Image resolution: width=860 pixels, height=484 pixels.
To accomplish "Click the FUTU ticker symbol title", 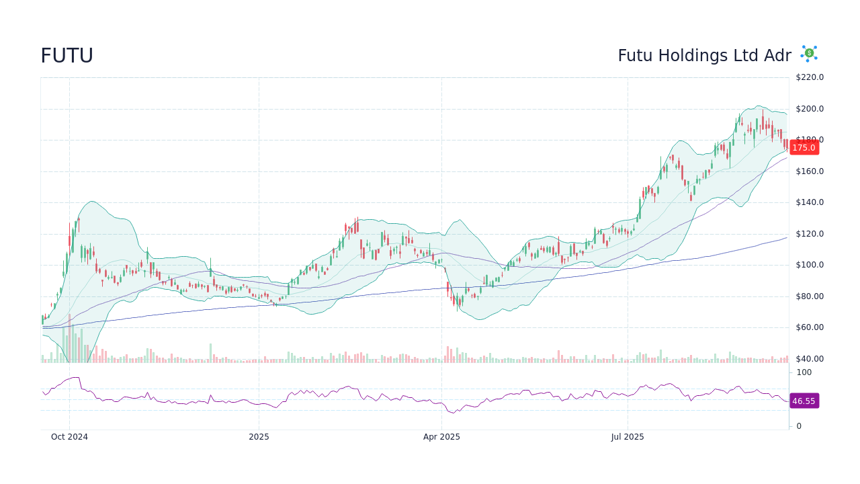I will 67,56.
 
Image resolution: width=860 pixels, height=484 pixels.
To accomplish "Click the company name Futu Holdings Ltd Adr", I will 704,56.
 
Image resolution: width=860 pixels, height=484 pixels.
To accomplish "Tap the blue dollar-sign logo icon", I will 809,54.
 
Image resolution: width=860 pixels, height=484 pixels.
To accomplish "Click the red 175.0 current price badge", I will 804,148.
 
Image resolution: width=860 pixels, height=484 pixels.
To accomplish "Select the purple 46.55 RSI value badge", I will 804,401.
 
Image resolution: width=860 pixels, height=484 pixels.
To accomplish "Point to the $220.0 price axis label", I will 810,77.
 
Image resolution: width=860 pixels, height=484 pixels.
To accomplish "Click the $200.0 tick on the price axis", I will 810,109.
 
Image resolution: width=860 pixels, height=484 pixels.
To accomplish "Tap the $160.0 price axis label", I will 810,171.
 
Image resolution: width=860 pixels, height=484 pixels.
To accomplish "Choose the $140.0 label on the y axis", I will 810,202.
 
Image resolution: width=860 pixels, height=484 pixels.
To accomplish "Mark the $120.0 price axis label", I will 810,234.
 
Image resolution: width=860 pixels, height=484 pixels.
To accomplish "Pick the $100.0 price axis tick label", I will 810,265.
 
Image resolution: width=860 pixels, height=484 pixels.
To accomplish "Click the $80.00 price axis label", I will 810,296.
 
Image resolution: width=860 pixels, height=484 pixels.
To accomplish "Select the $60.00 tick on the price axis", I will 810,327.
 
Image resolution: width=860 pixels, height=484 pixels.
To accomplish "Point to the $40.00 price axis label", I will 810,359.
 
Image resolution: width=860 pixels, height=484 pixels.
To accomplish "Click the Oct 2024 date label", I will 69,437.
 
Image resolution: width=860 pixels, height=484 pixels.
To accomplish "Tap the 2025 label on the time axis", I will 259,437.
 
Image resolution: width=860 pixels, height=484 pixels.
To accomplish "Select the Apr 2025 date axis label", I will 441,437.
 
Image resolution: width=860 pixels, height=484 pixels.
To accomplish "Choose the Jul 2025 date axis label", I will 628,437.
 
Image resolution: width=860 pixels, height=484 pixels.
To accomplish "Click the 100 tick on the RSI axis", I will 804,372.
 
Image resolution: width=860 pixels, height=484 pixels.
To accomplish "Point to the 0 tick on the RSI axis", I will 799,426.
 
